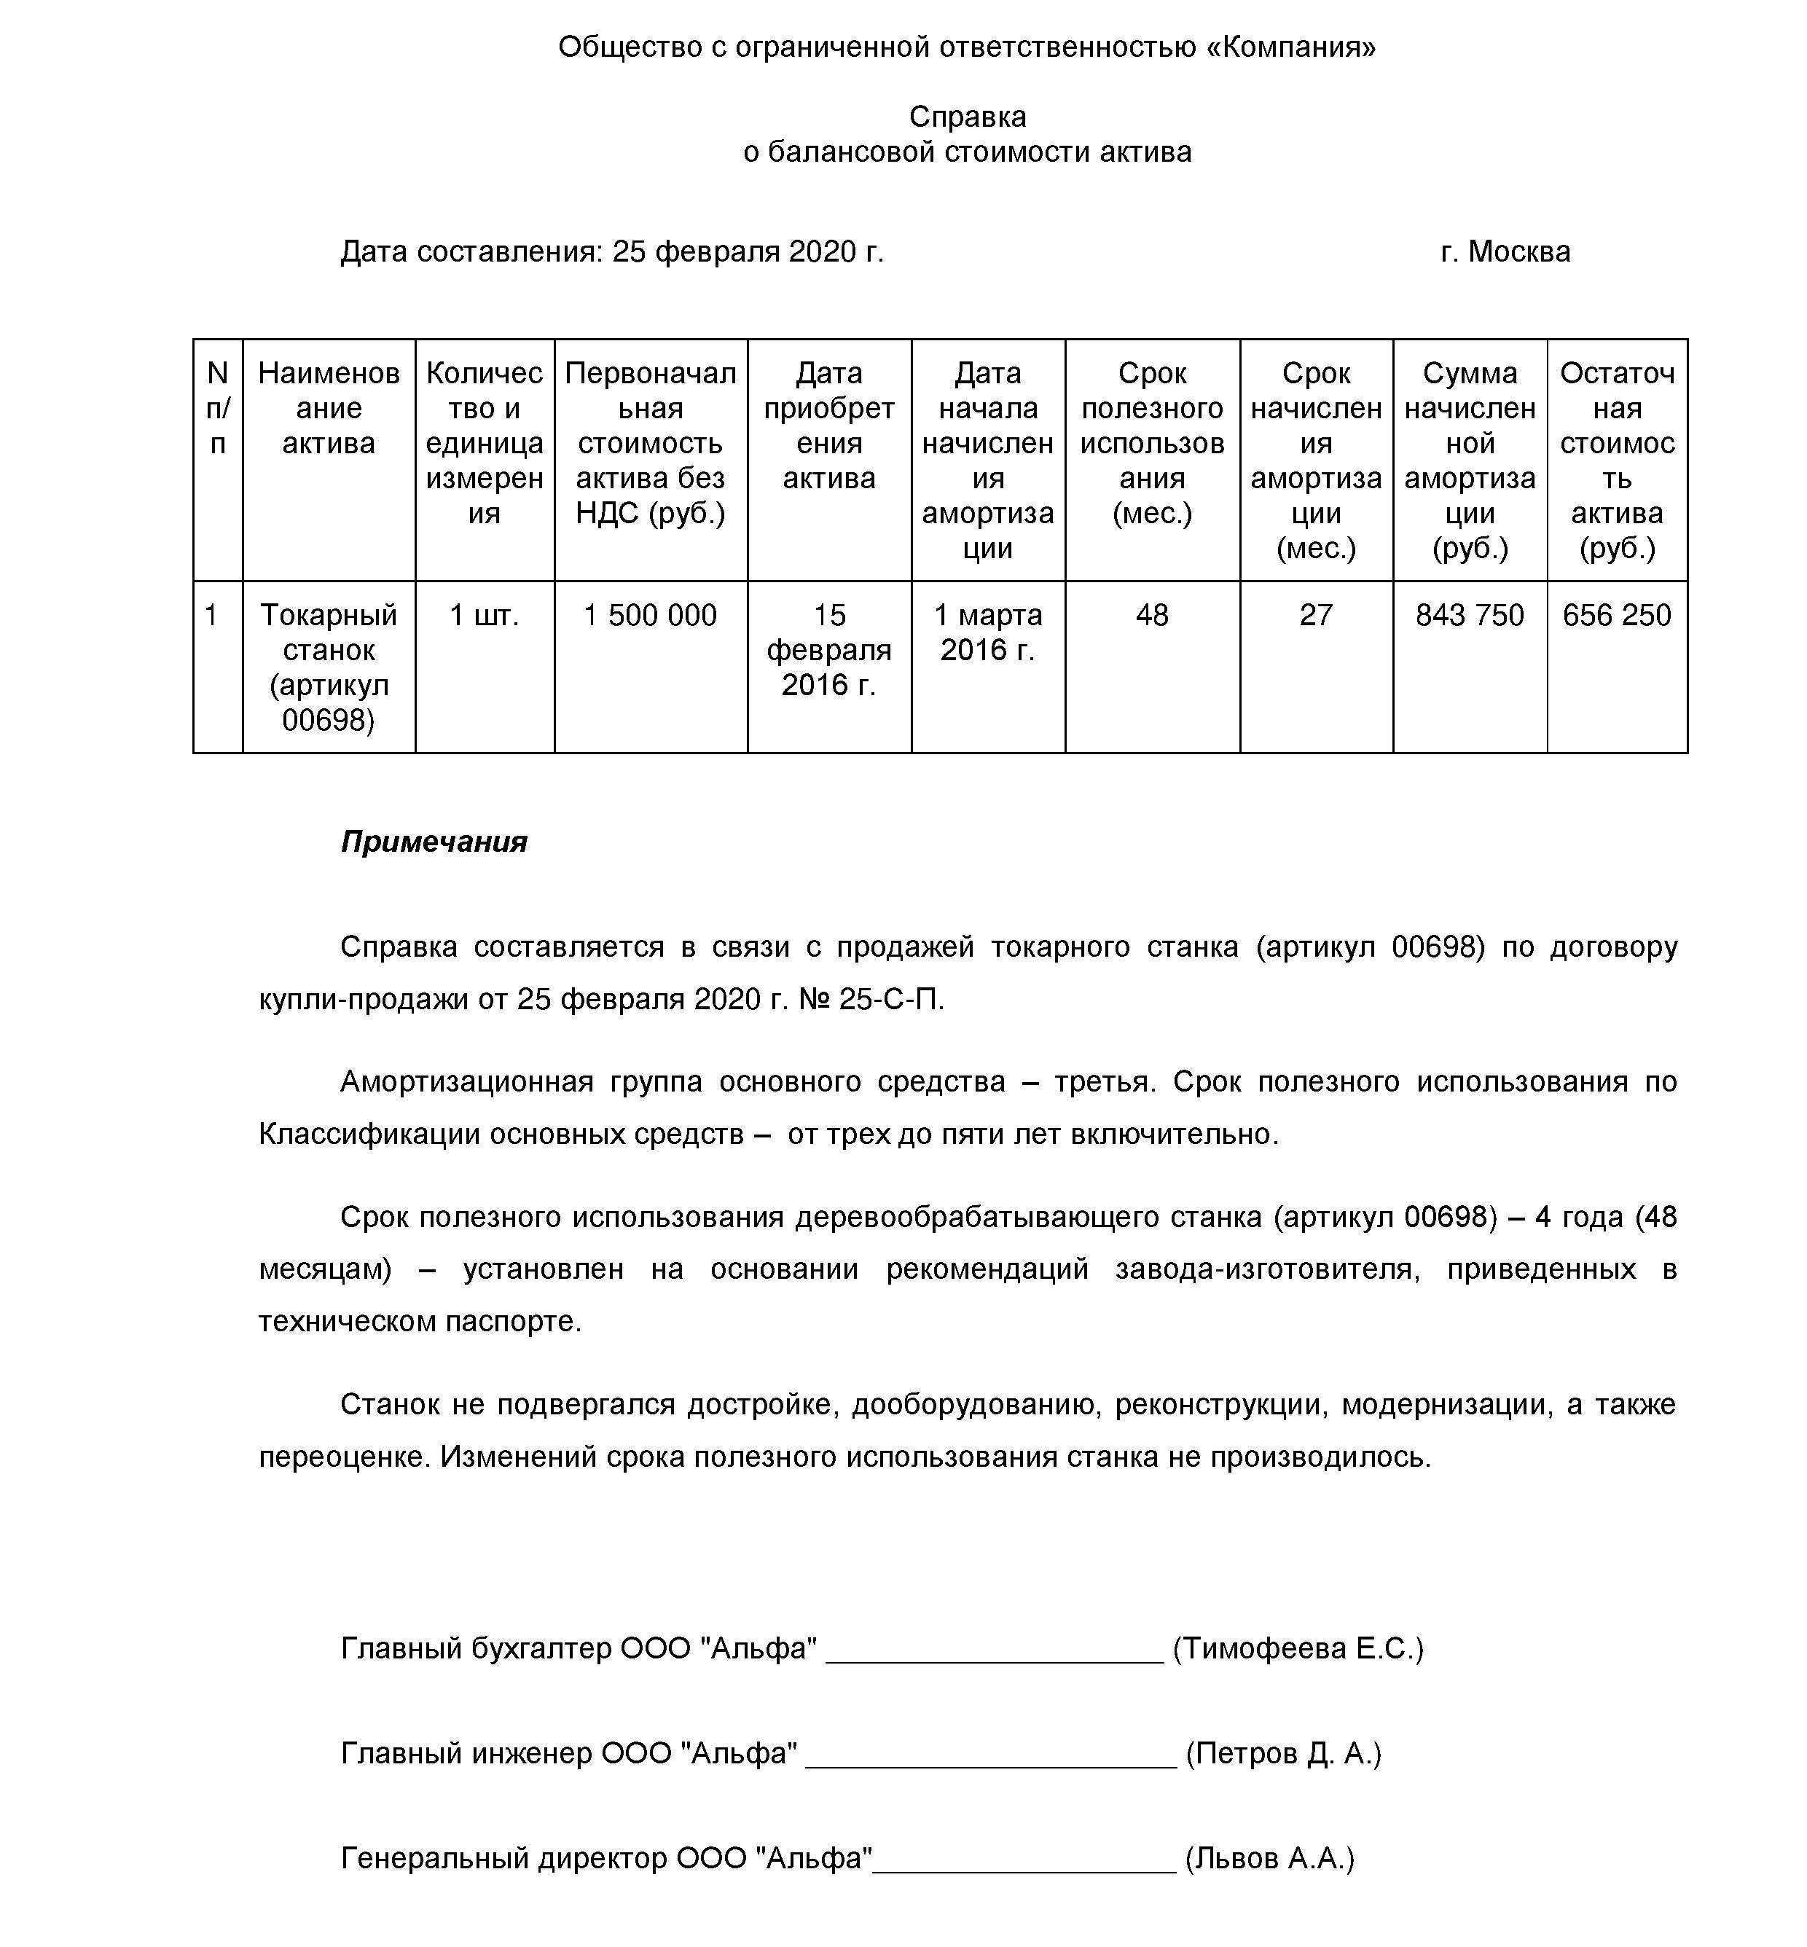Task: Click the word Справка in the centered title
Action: [967, 117]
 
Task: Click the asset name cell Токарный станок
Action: [329, 667]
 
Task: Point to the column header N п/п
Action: [218, 408]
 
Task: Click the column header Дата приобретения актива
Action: [829, 426]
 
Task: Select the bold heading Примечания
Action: [434, 842]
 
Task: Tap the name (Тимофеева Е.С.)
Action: [1298, 1649]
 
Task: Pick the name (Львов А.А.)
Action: [1269, 1858]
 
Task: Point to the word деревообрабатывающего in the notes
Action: [1030, 1218]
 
